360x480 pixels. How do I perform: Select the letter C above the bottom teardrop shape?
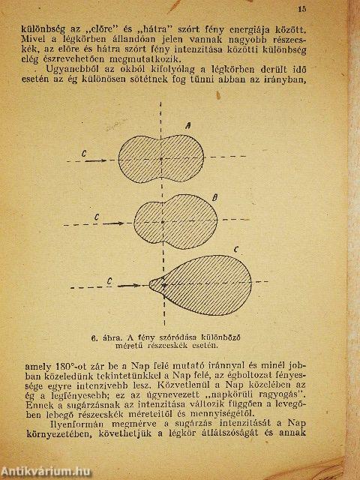(235, 247)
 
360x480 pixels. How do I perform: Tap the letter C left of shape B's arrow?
(98, 216)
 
